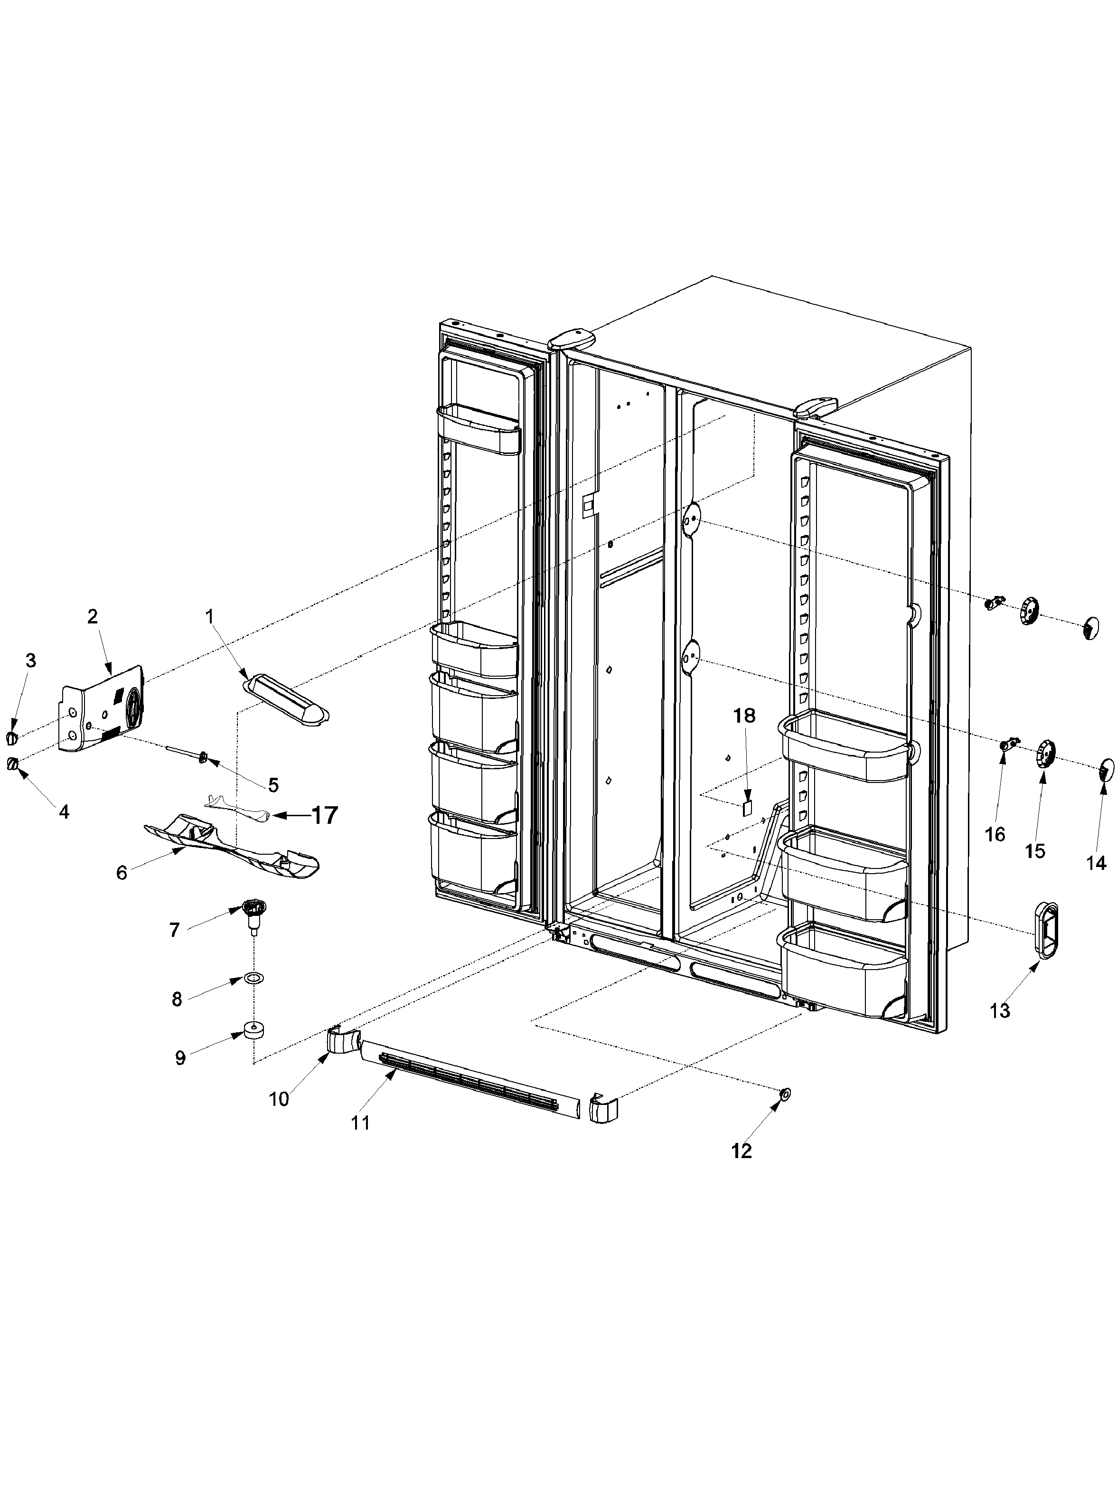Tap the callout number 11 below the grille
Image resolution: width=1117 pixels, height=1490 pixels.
[360, 1123]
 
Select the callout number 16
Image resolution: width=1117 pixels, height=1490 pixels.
[995, 835]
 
